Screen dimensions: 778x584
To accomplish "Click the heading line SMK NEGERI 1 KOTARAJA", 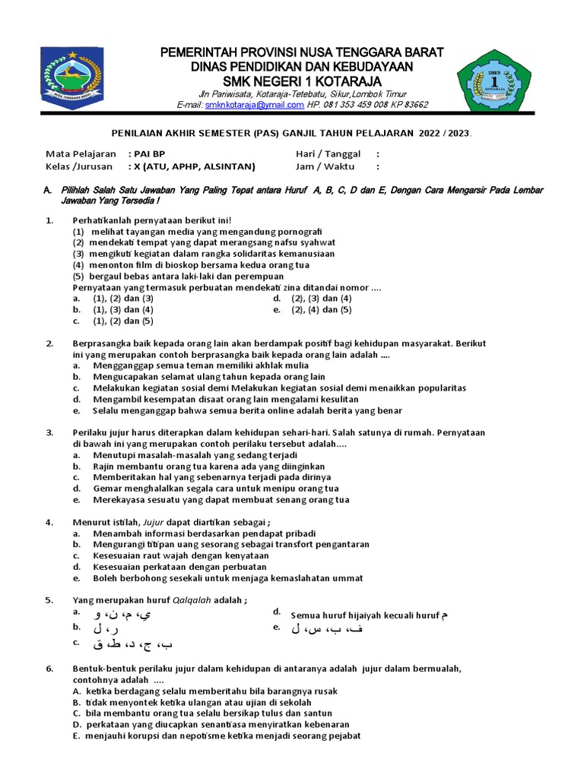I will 302,81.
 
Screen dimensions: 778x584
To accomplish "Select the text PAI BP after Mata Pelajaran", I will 149,153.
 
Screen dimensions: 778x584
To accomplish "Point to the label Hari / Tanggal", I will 328,153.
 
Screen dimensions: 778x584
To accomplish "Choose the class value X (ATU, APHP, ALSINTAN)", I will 195,166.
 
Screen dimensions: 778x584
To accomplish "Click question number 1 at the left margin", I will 49,220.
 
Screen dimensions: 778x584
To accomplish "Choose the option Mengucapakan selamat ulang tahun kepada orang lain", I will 209,376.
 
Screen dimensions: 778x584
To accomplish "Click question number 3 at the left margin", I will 49,432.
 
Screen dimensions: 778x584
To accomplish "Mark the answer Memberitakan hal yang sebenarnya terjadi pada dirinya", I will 212,477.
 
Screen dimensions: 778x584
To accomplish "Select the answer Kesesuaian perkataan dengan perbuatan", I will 179,566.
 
